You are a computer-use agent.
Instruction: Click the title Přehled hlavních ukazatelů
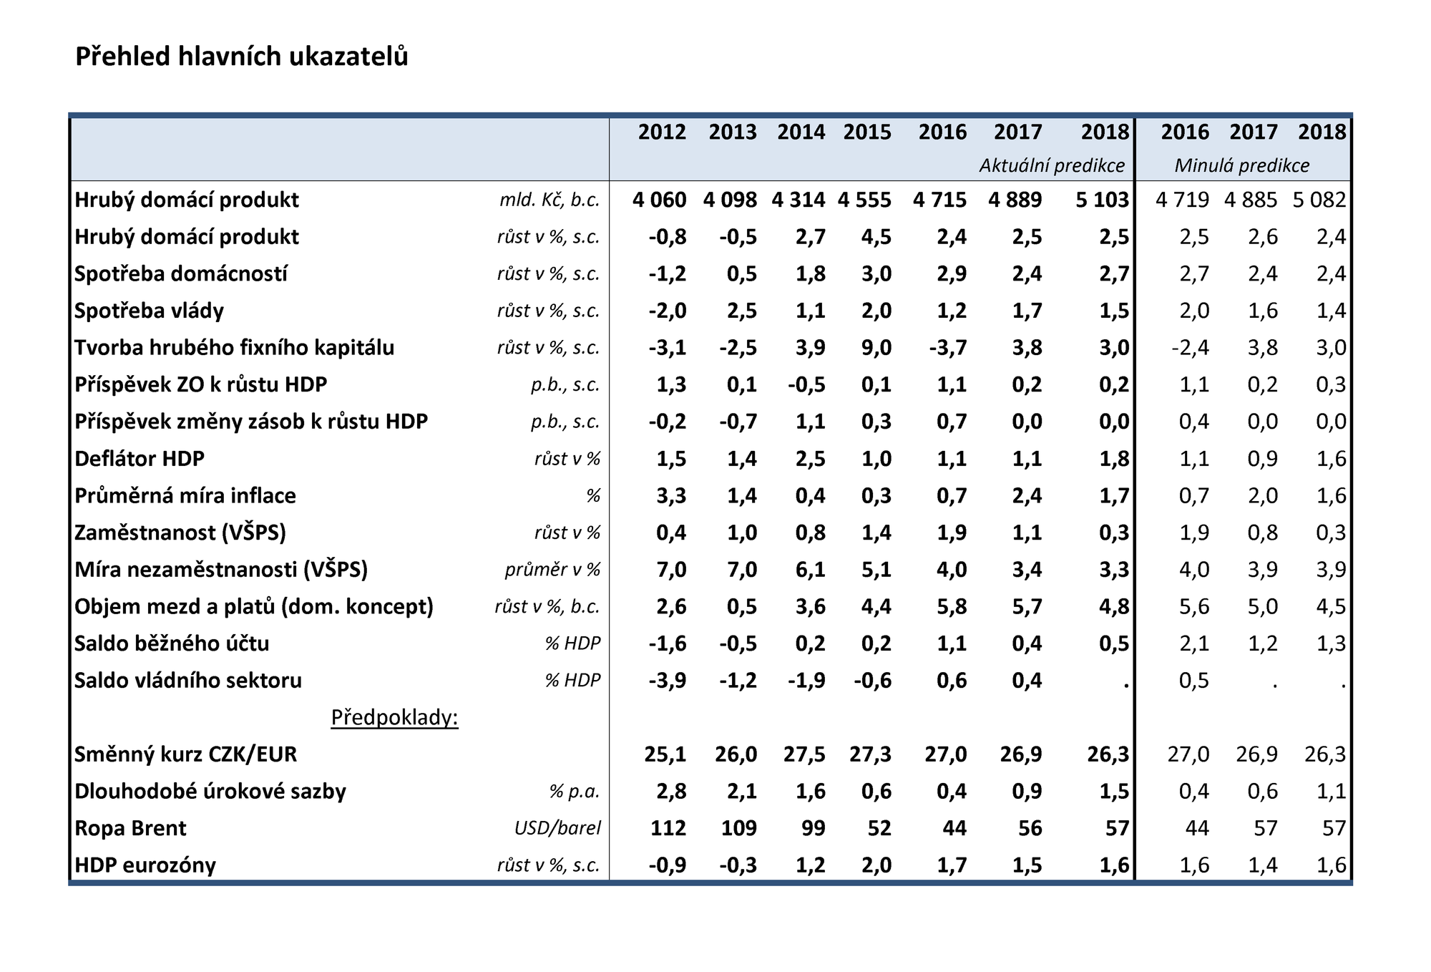click(242, 57)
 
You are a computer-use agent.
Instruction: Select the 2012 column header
click(662, 132)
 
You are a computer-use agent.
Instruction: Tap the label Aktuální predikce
click(1052, 166)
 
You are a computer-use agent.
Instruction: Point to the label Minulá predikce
click(1242, 166)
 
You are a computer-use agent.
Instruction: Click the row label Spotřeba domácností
click(181, 273)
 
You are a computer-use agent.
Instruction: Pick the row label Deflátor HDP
click(140, 458)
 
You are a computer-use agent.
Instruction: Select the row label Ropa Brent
click(130, 828)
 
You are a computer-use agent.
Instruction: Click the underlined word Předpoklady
click(394, 717)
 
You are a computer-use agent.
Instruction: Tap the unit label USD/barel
click(557, 828)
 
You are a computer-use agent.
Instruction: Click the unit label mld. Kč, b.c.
click(550, 200)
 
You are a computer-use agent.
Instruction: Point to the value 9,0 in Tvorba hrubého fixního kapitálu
click(876, 348)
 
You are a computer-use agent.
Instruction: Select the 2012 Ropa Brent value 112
click(668, 828)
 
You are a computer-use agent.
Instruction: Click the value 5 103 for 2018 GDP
click(1102, 200)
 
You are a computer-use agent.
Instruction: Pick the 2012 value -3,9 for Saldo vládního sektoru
click(668, 681)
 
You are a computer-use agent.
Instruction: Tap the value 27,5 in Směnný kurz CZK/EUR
click(805, 754)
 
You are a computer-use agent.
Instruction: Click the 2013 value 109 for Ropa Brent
click(738, 828)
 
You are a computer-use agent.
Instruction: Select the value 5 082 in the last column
click(1319, 200)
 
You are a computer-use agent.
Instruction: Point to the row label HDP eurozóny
click(145, 865)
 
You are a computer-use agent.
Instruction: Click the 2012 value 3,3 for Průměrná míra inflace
click(671, 495)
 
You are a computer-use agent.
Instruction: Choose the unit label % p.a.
click(575, 792)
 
